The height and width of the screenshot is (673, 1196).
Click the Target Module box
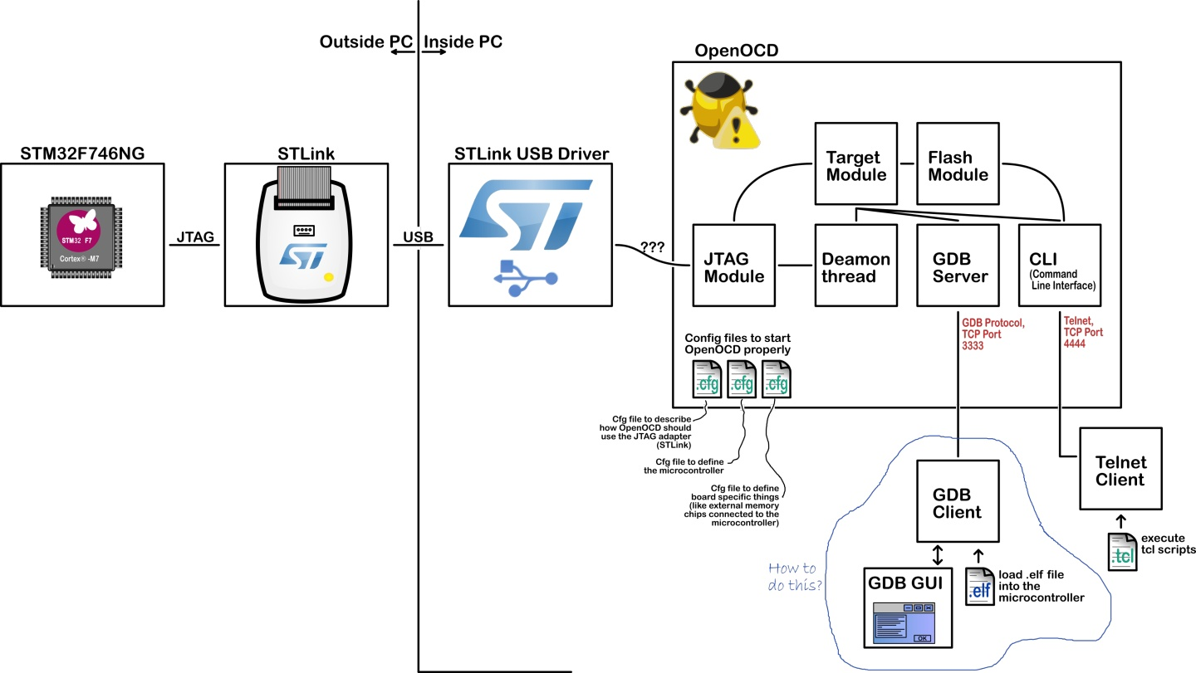click(x=855, y=164)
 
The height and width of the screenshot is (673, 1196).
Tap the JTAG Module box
click(x=733, y=266)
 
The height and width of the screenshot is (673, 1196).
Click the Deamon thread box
click(x=855, y=266)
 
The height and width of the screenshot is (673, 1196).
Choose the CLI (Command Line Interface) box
click(x=1059, y=266)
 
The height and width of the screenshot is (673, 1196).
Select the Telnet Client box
click(x=1120, y=470)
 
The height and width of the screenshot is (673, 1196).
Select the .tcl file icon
click(x=1121, y=551)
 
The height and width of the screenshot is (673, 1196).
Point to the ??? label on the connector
click(x=652, y=247)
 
